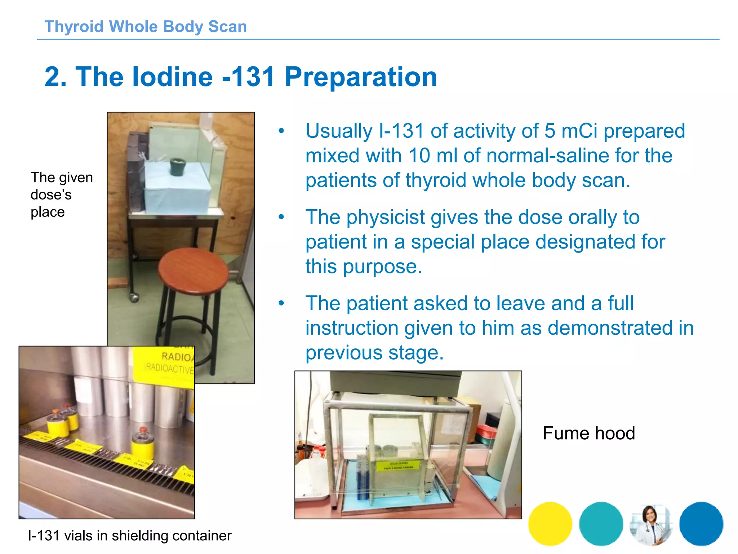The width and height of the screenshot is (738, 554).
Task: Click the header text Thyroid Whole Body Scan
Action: tap(146, 27)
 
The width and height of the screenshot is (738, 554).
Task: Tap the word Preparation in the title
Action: tap(361, 77)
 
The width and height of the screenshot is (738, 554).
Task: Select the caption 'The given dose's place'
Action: tap(62, 195)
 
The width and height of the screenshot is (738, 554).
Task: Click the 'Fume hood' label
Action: tap(588, 433)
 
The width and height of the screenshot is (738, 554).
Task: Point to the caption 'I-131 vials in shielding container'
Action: tap(129, 536)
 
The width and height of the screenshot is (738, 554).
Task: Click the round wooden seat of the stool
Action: tap(193, 271)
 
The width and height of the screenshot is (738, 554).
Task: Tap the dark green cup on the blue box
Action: tap(178, 166)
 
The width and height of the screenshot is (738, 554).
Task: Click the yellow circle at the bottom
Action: tap(550, 524)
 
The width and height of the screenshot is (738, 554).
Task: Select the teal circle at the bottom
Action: tap(601, 524)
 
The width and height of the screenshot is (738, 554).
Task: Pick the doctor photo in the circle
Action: tap(651, 524)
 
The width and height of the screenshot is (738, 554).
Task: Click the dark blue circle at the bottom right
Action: tap(701, 524)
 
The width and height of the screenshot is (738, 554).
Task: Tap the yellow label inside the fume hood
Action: tap(399, 465)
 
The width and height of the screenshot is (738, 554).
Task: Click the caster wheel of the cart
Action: tap(134, 298)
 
